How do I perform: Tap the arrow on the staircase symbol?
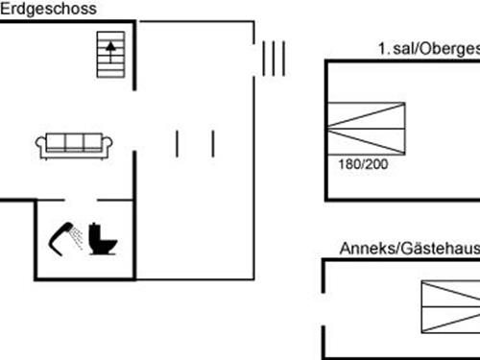[112, 45]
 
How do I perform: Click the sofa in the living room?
[75, 144]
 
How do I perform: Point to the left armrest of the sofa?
[41, 145]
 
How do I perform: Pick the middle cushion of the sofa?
[75, 142]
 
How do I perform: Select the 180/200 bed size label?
[363, 164]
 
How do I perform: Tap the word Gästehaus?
[438, 250]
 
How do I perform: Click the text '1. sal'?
[394, 49]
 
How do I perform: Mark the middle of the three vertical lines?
[274, 58]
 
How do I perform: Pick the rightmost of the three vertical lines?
[284, 58]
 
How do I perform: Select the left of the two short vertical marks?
[178, 143]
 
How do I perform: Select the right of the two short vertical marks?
[212, 143]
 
